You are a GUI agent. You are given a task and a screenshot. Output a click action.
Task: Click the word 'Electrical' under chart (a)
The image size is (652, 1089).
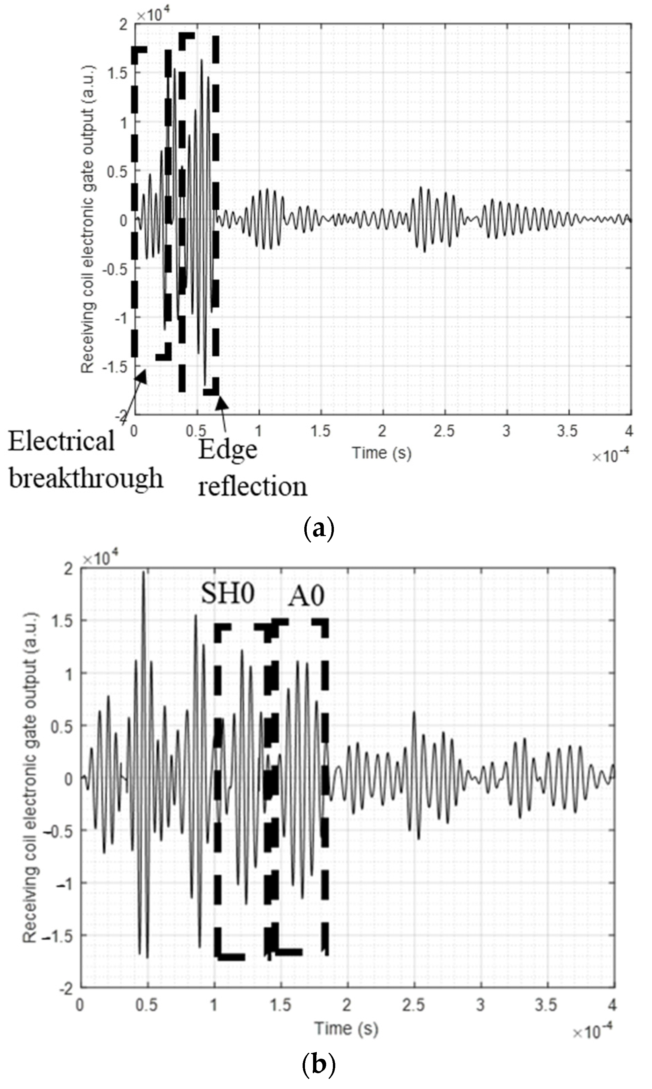click(x=62, y=442)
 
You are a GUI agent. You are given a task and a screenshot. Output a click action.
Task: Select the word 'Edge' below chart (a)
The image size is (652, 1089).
click(x=227, y=451)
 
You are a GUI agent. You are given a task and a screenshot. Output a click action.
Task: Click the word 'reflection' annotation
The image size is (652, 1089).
click(x=252, y=487)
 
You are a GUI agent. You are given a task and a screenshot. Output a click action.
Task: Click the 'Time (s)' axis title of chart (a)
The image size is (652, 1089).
click(x=382, y=453)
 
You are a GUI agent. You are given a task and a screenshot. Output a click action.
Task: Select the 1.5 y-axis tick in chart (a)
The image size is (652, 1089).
click(x=117, y=73)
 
